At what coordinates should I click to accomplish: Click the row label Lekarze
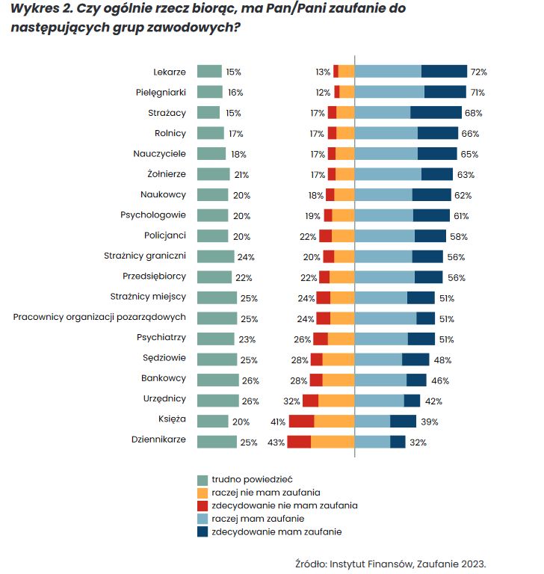pyautogui.click(x=169, y=72)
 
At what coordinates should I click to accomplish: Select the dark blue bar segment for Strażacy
pyautogui.click(x=436, y=113)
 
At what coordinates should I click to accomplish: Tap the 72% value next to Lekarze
pyautogui.click(x=478, y=72)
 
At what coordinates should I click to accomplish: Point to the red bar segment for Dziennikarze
pyautogui.click(x=299, y=442)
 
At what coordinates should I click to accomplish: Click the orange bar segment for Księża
pyautogui.click(x=334, y=422)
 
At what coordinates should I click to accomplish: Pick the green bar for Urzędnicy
pyautogui.click(x=217, y=401)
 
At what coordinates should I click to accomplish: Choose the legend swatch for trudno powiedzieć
pyautogui.click(x=202, y=479)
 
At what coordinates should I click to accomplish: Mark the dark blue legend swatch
pyautogui.click(x=202, y=532)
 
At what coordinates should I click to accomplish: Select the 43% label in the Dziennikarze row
pyautogui.click(x=276, y=442)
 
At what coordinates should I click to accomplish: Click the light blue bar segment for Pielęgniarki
pyautogui.click(x=389, y=93)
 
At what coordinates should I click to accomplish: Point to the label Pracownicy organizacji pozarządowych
pyautogui.click(x=99, y=318)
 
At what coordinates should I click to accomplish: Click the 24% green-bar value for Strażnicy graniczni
pyautogui.click(x=246, y=257)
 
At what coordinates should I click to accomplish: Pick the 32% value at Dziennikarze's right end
pyautogui.click(x=418, y=442)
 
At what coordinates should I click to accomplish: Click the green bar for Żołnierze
pyautogui.click(x=213, y=175)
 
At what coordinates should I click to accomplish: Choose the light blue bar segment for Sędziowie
pyautogui.click(x=378, y=359)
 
